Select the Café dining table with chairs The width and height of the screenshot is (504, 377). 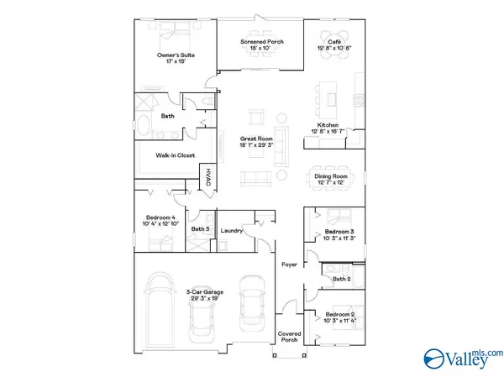(x=334, y=45)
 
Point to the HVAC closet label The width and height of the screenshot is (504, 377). (x=208, y=177)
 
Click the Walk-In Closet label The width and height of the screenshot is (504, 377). (x=176, y=155)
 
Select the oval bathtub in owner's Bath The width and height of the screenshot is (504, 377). (x=143, y=125)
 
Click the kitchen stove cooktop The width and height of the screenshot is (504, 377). (x=359, y=100)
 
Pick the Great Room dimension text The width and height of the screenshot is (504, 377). (x=256, y=145)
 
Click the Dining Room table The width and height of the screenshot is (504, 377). (x=330, y=178)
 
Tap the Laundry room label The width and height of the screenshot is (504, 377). (x=232, y=231)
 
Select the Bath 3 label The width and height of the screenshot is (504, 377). (x=200, y=229)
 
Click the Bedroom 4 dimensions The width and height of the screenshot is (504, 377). (x=160, y=223)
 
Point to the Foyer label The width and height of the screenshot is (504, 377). (x=289, y=264)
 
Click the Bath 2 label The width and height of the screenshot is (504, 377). (x=341, y=279)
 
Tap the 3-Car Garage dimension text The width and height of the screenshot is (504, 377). (x=205, y=299)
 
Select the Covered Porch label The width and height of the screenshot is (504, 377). (x=289, y=337)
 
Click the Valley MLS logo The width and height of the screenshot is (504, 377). (x=463, y=359)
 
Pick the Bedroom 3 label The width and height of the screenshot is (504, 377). (x=339, y=232)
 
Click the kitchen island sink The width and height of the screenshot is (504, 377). (x=332, y=99)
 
